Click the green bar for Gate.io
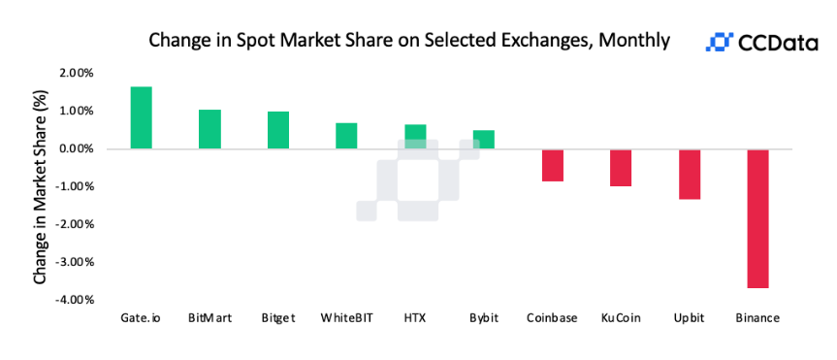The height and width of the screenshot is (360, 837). point(142,117)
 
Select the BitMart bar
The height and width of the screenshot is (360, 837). point(209,129)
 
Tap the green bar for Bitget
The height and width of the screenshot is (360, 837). point(278,130)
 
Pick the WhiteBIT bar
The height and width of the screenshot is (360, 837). point(346,136)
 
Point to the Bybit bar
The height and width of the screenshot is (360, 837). point(483,140)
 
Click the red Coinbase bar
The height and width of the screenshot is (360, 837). point(553,165)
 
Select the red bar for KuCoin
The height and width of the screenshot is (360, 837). point(621,168)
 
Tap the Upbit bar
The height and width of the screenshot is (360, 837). point(690,174)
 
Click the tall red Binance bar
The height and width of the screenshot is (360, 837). point(757,218)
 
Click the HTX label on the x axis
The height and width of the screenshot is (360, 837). point(414,317)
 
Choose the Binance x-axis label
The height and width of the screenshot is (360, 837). point(757,317)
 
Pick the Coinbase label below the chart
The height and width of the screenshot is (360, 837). point(552,317)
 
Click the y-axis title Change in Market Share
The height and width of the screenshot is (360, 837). point(40,186)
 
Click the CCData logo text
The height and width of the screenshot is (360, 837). point(776,42)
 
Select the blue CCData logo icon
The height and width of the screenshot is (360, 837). point(719,42)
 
